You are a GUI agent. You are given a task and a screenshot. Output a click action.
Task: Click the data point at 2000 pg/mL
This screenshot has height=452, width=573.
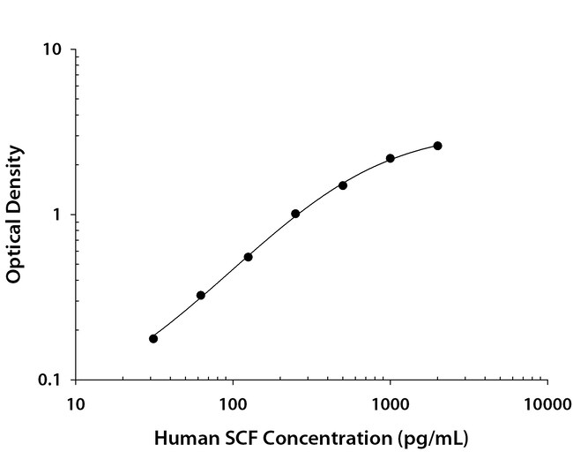[437, 146]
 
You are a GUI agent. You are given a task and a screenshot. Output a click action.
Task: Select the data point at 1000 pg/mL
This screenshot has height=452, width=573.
[391, 159]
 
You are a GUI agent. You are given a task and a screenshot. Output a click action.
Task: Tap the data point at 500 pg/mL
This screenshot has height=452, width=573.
[343, 185]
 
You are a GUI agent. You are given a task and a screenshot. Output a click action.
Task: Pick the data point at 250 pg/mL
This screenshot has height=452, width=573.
[295, 214]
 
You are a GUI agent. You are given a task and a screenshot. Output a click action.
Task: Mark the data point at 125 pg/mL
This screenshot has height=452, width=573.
[249, 257]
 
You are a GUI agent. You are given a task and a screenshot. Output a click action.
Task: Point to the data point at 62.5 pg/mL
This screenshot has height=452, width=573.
[201, 295]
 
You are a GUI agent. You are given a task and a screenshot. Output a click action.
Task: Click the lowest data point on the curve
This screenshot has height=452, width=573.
[153, 338]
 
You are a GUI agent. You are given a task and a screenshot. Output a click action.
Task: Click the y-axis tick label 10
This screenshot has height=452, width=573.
[52, 49]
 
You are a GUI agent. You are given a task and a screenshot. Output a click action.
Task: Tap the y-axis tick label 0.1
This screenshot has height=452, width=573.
[50, 380]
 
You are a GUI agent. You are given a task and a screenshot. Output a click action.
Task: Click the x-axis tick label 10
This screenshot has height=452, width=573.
[76, 405]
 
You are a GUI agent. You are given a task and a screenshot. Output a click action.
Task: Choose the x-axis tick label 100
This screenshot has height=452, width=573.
[233, 405]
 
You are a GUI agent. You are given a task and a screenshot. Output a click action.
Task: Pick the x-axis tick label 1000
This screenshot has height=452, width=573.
[390, 405]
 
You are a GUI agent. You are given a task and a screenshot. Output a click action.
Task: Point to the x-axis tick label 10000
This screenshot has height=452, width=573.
[547, 405]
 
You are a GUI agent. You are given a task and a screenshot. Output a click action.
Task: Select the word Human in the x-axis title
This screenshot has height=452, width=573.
[181, 437]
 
